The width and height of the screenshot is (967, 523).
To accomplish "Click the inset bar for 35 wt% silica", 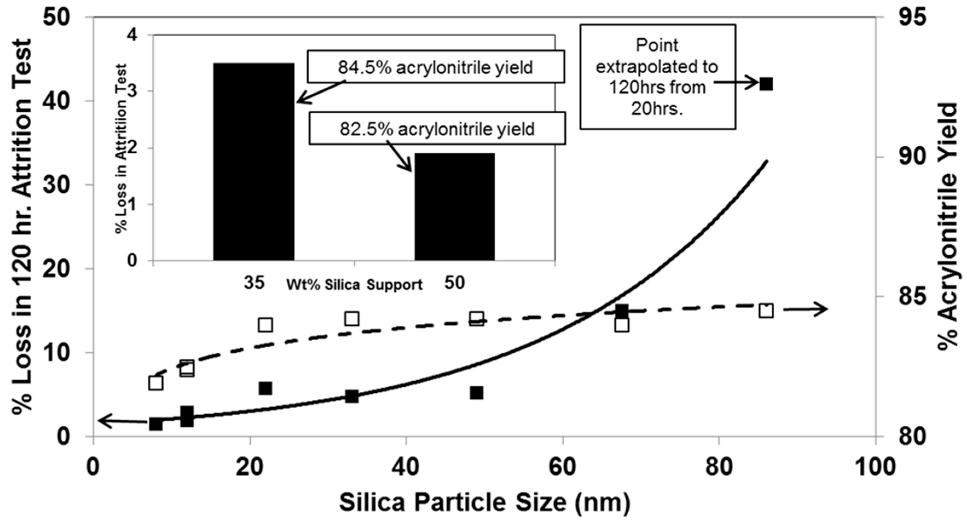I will coord(254,162).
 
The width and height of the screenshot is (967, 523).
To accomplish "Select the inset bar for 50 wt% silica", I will coord(455,207).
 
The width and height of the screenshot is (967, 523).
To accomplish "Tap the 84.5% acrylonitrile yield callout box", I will coord(436,67).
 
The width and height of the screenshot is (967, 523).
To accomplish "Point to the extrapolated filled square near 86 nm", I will coord(766,84).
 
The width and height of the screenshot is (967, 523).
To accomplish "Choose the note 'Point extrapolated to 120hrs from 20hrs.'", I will coord(657,77).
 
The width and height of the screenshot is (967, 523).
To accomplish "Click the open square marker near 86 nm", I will coord(766,311).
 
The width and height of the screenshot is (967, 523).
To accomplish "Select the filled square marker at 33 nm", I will coord(352,396).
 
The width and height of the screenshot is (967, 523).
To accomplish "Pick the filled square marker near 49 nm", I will coord(476,393).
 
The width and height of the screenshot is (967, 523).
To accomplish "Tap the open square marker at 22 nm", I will coord(265,325).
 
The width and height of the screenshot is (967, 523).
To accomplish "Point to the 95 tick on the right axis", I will coord(913,17).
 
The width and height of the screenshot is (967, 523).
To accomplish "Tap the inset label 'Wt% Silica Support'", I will coord(354,285).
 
